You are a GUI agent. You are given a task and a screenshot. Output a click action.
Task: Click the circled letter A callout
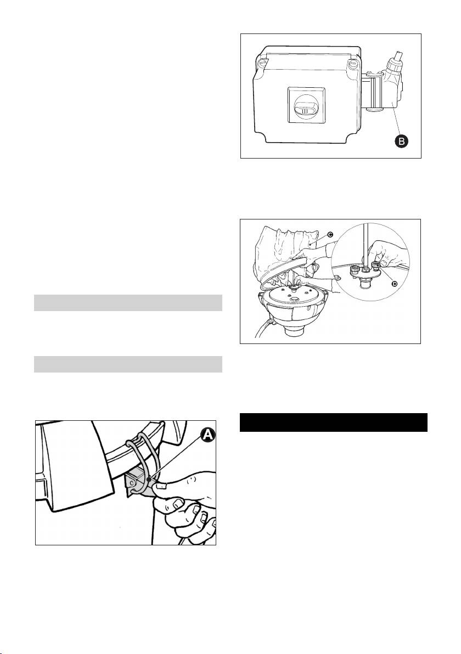208,436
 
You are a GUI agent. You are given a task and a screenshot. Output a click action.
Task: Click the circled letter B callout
402,142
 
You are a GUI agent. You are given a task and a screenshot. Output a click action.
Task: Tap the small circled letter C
330,234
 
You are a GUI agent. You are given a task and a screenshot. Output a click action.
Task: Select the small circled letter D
395,283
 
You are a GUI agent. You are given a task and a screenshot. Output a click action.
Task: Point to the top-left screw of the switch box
263,65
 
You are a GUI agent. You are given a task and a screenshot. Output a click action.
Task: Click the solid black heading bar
334,422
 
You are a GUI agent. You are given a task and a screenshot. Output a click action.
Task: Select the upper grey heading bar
128,303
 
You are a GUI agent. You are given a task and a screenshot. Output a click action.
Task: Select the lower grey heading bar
128,364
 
